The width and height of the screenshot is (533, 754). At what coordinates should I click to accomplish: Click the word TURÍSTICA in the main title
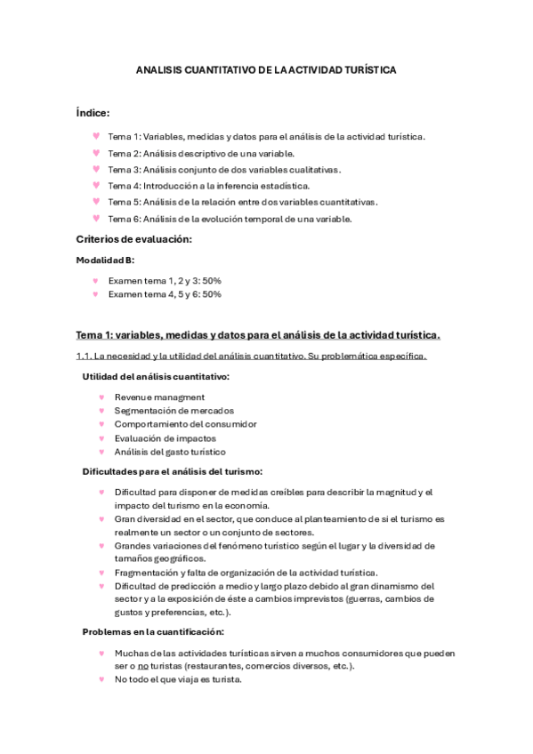click(x=367, y=68)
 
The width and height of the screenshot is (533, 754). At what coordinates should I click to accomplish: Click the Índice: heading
click(x=93, y=113)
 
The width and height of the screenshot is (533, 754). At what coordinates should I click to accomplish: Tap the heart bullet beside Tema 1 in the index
click(x=95, y=136)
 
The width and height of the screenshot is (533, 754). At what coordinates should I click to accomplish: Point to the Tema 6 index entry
click(x=230, y=218)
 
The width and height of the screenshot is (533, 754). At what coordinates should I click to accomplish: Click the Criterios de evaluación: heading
click(x=134, y=239)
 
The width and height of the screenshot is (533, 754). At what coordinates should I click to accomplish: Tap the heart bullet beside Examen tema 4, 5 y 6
click(x=95, y=293)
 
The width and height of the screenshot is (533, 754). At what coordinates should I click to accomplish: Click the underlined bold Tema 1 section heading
click(x=257, y=334)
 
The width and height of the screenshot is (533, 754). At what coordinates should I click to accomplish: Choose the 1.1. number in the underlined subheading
click(x=85, y=357)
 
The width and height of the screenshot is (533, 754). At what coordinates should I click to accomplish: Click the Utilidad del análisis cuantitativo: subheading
click(x=155, y=376)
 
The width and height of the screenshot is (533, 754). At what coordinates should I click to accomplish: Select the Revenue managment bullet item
click(x=159, y=397)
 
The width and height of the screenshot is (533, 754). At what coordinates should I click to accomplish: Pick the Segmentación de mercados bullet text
click(x=174, y=411)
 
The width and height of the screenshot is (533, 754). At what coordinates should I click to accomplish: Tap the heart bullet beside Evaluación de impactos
click(x=102, y=437)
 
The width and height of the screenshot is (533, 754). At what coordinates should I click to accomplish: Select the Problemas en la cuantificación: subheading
click(x=153, y=632)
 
